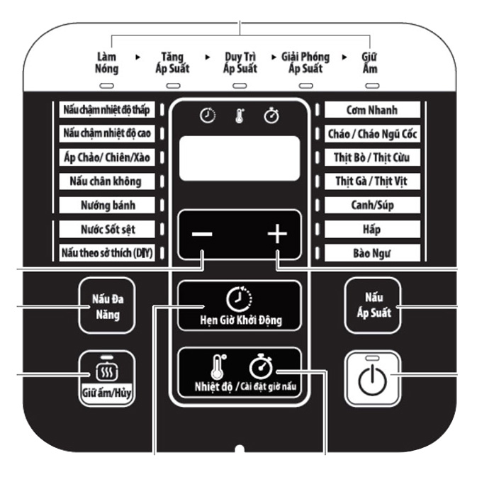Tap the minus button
(x=202, y=234)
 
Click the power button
(x=372, y=378)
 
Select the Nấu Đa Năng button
(x=107, y=305)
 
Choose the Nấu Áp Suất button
(x=373, y=305)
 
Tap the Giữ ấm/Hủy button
(x=107, y=378)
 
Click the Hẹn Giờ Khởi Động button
(x=240, y=305)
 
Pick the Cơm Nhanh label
(x=372, y=110)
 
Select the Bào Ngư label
(x=372, y=253)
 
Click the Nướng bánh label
(x=107, y=205)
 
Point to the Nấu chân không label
(x=107, y=181)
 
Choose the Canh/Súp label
(x=372, y=205)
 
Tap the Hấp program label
(x=372, y=229)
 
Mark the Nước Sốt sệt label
(x=107, y=229)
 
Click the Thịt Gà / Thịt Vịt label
(x=372, y=181)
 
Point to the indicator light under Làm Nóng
(x=107, y=86)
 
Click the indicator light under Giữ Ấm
(x=372, y=86)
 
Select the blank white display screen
(x=240, y=158)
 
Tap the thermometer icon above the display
(x=240, y=116)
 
